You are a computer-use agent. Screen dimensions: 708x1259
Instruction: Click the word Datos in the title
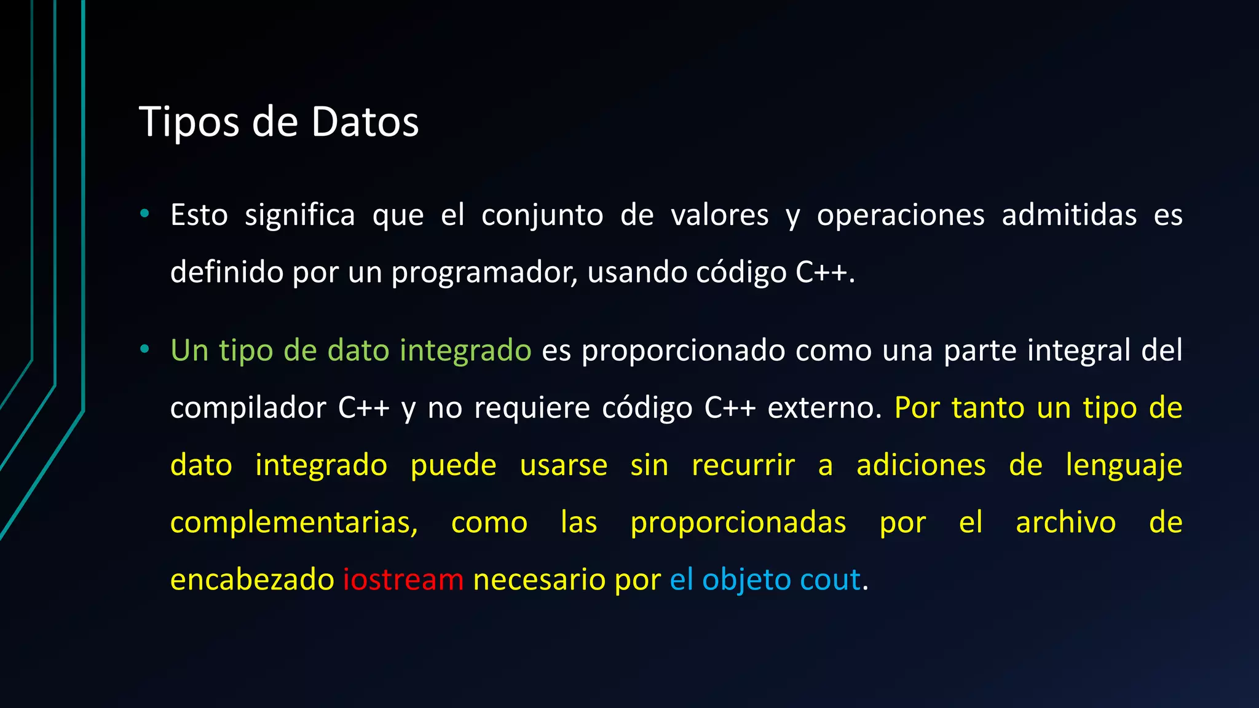pyautogui.click(x=365, y=122)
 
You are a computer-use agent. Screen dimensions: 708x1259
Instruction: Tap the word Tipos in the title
pyautogui.click(x=189, y=122)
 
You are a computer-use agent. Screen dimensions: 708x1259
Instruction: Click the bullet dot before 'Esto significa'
pyautogui.click(x=144, y=214)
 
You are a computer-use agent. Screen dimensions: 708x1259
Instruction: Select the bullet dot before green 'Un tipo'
pyautogui.click(x=144, y=349)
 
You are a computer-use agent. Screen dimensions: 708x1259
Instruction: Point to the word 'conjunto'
pyautogui.click(x=542, y=216)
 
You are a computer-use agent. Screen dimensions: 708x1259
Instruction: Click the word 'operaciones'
pyautogui.click(x=901, y=216)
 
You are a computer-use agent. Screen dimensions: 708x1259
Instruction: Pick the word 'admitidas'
pyautogui.click(x=1069, y=216)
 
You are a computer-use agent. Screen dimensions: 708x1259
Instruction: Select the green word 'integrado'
pyautogui.click(x=465, y=351)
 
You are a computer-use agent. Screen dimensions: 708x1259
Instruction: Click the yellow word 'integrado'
pyautogui.click(x=321, y=465)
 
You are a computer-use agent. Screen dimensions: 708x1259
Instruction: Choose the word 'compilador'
pyautogui.click(x=248, y=408)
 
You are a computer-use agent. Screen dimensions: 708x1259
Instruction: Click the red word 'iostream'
pyautogui.click(x=403, y=580)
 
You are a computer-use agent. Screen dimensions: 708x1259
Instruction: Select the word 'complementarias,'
pyautogui.click(x=294, y=523)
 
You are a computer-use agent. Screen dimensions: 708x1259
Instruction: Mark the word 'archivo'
pyautogui.click(x=1065, y=523)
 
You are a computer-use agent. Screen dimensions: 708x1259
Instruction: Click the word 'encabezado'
pyautogui.click(x=252, y=580)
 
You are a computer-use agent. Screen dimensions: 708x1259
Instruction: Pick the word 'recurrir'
pyautogui.click(x=743, y=465)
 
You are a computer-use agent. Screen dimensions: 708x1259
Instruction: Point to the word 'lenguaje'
pyautogui.click(x=1124, y=465)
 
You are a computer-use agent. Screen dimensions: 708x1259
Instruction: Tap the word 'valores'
pyautogui.click(x=719, y=216)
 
